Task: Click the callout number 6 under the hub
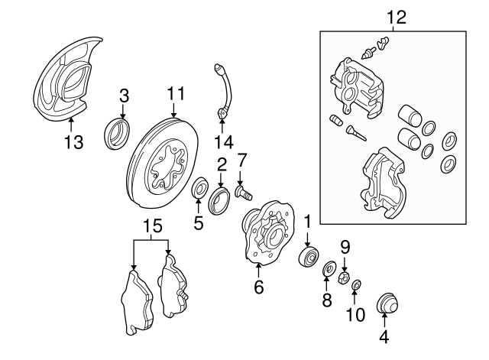pos(259,287)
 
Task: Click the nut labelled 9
pos(344,274)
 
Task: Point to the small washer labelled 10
pos(356,285)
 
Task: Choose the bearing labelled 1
pos(309,255)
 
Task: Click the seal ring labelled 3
pos(117,135)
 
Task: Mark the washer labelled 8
pos(329,268)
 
